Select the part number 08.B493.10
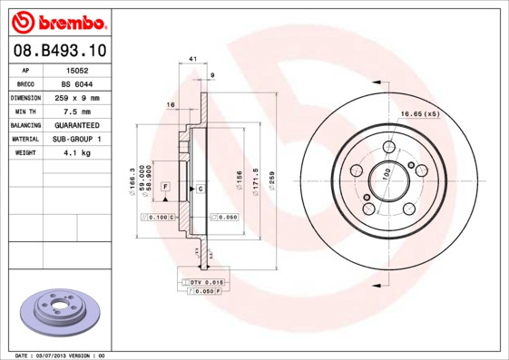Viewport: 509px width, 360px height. click(60, 50)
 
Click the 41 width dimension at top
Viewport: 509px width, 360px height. click(192, 59)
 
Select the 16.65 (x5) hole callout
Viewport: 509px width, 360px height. click(420, 113)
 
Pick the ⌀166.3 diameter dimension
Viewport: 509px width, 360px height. click(133, 178)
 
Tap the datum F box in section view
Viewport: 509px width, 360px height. click(165, 187)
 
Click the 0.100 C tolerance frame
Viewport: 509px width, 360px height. click(158, 218)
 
